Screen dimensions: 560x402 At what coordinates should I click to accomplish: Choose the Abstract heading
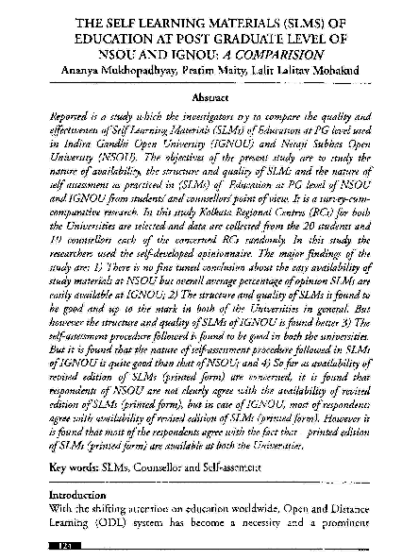click(x=201, y=97)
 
